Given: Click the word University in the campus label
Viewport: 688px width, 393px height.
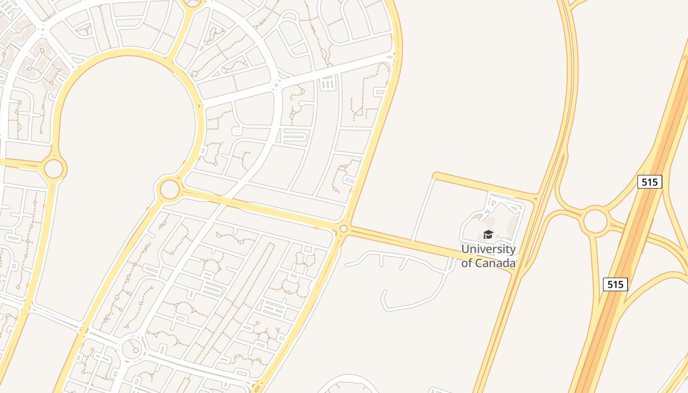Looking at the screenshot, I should pyautogui.click(x=488, y=249).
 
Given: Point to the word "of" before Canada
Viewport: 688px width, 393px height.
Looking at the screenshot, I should pyautogui.click(x=466, y=263).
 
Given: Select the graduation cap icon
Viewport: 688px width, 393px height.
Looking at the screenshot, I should pyautogui.click(x=488, y=235).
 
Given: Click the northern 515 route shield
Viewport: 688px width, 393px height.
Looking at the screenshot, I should pyautogui.click(x=650, y=182).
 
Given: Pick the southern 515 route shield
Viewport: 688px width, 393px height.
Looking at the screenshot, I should pyautogui.click(x=615, y=284).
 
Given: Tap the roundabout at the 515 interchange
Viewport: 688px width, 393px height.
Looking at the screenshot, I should pyautogui.click(x=595, y=221).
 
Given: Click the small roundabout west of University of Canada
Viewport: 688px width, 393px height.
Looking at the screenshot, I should pyautogui.click(x=344, y=228).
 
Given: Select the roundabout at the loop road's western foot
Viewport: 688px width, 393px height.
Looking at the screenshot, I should pyautogui.click(x=54, y=168).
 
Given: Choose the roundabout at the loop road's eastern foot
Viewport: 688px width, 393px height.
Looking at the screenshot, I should pyautogui.click(x=170, y=189).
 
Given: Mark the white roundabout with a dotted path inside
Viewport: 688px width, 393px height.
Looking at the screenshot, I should pyautogui.click(x=132, y=349).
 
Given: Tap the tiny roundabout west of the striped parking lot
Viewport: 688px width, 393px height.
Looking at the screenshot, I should pyautogui.click(x=276, y=85).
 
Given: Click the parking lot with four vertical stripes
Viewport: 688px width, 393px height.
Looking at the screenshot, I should pyautogui.click(x=328, y=84).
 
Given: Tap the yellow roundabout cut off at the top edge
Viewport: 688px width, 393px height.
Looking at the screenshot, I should pyautogui.click(x=193, y=3).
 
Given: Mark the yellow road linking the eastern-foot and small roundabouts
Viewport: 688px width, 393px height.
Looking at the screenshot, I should pyautogui.click(x=256, y=208).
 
